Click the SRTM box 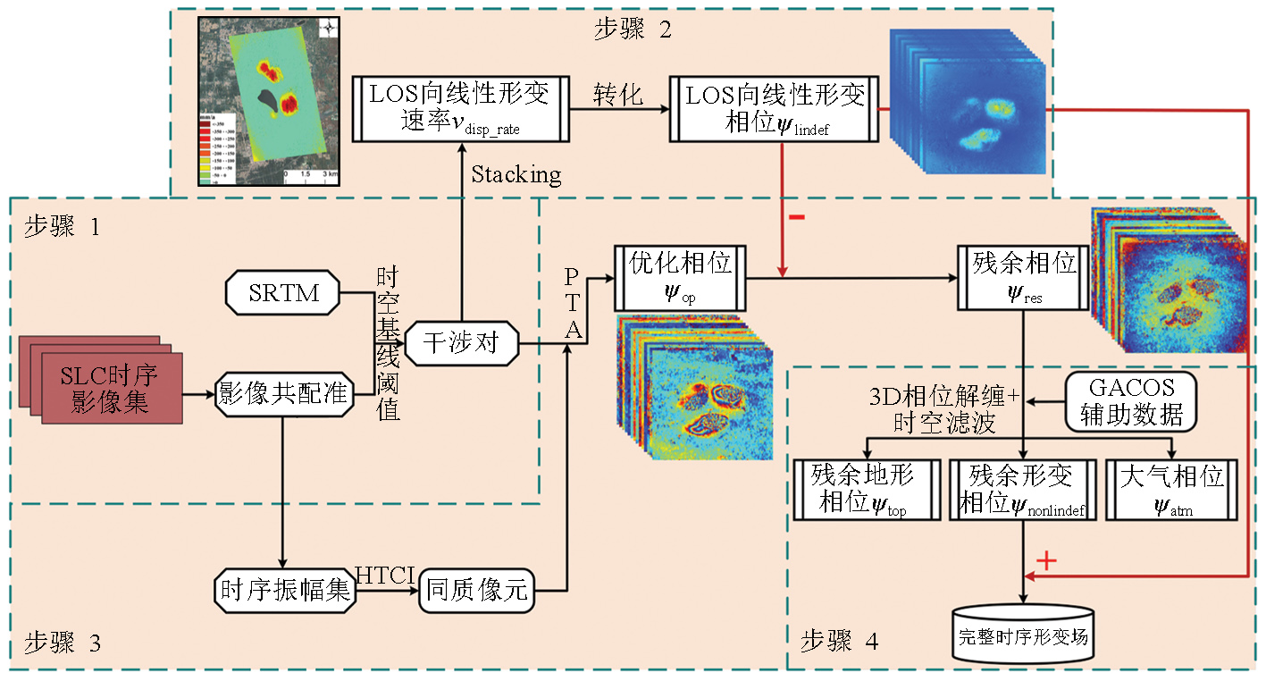[283, 293]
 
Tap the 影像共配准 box [282, 392]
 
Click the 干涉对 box [461, 342]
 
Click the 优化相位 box [680, 276]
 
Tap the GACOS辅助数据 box [1131, 400]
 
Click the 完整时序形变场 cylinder [1025, 635]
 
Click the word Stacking [516, 173]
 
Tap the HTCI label [384, 575]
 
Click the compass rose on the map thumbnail [330, 29]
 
